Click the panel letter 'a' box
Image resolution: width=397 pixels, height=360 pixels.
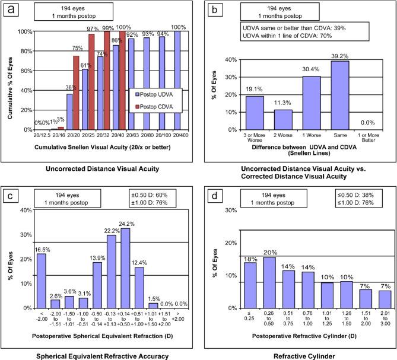[x=10, y=9]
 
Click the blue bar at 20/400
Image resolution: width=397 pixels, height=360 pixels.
[x=176, y=81]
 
